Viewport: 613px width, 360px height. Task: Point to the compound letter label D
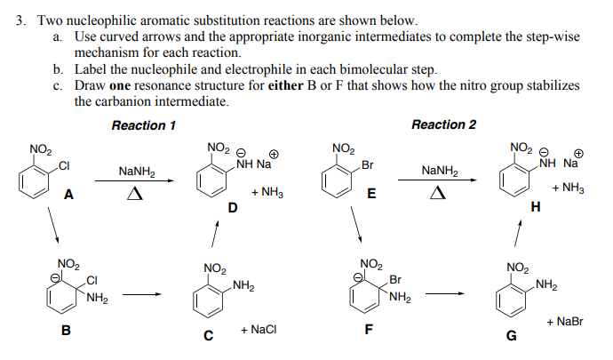pyautogui.click(x=233, y=208)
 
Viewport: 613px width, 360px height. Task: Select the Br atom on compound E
pyautogui.click(x=367, y=165)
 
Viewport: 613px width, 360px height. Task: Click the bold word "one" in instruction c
pyautogui.click(x=121, y=86)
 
